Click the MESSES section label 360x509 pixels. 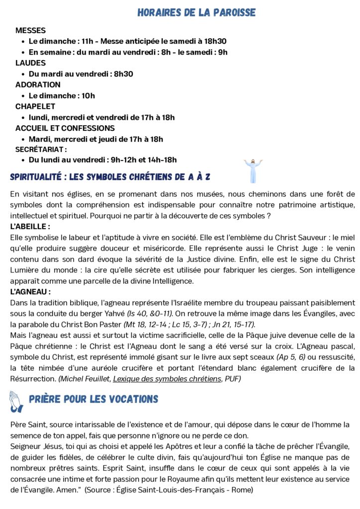(x=30, y=30)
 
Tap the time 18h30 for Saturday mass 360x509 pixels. (x=215, y=41)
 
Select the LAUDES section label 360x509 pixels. (x=30, y=63)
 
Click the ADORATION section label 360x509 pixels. (x=38, y=85)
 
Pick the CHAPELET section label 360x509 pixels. (x=35, y=106)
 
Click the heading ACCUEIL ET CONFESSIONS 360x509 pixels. (x=65, y=128)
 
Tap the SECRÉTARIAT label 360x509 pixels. (x=41, y=149)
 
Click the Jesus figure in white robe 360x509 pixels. (x=253, y=171)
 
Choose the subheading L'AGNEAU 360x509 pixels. (x=30, y=292)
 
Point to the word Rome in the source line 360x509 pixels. (x=242, y=490)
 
